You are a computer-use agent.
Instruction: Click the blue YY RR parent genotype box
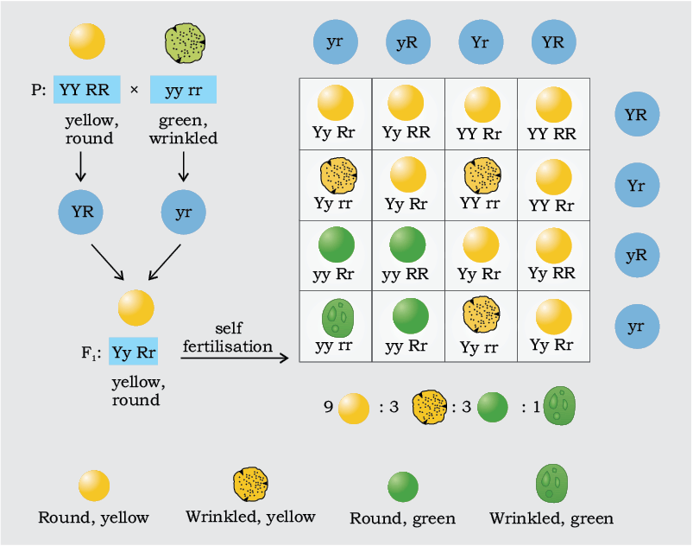coord(87,89)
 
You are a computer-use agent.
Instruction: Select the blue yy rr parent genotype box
coord(184,89)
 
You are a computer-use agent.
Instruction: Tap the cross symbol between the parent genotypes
coord(135,90)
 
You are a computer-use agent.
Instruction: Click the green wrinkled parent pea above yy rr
coord(185,43)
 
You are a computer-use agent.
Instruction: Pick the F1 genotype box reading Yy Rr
coord(134,352)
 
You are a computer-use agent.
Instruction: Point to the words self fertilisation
coord(228,337)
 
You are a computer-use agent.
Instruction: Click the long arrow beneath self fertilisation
coord(235,358)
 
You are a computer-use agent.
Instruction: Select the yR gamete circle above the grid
coord(407,42)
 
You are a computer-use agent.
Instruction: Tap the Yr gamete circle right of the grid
coord(637,185)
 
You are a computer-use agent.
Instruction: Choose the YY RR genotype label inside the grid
coord(552,133)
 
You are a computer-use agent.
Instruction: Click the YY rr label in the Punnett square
coord(480,203)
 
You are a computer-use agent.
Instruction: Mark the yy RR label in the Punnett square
coord(406,275)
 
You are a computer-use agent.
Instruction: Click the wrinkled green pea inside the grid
coord(337,317)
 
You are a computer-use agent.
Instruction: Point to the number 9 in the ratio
coord(328,406)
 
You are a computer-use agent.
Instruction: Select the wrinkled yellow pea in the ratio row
coord(429,407)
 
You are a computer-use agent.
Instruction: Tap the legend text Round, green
coord(403,518)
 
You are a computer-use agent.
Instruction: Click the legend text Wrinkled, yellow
coord(250,517)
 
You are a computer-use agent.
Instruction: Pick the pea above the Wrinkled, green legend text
coord(552,483)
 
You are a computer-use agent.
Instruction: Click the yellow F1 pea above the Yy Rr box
coord(135,308)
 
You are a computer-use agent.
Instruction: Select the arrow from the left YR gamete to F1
coord(107,262)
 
